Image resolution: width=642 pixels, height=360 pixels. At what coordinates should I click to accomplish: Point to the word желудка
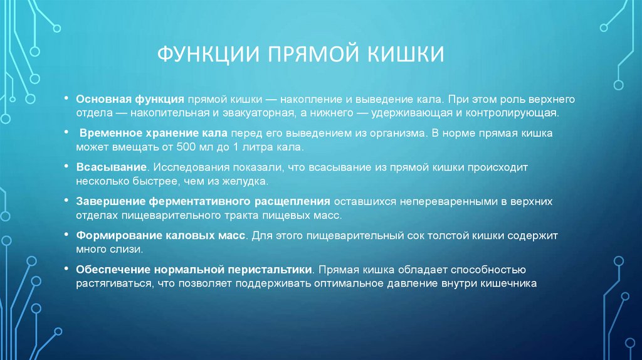[x=246, y=182]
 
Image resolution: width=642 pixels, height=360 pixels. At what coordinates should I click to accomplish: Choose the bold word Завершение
[x=110, y=203]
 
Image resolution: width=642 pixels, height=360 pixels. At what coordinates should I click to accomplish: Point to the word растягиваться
[x=113, y=283]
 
